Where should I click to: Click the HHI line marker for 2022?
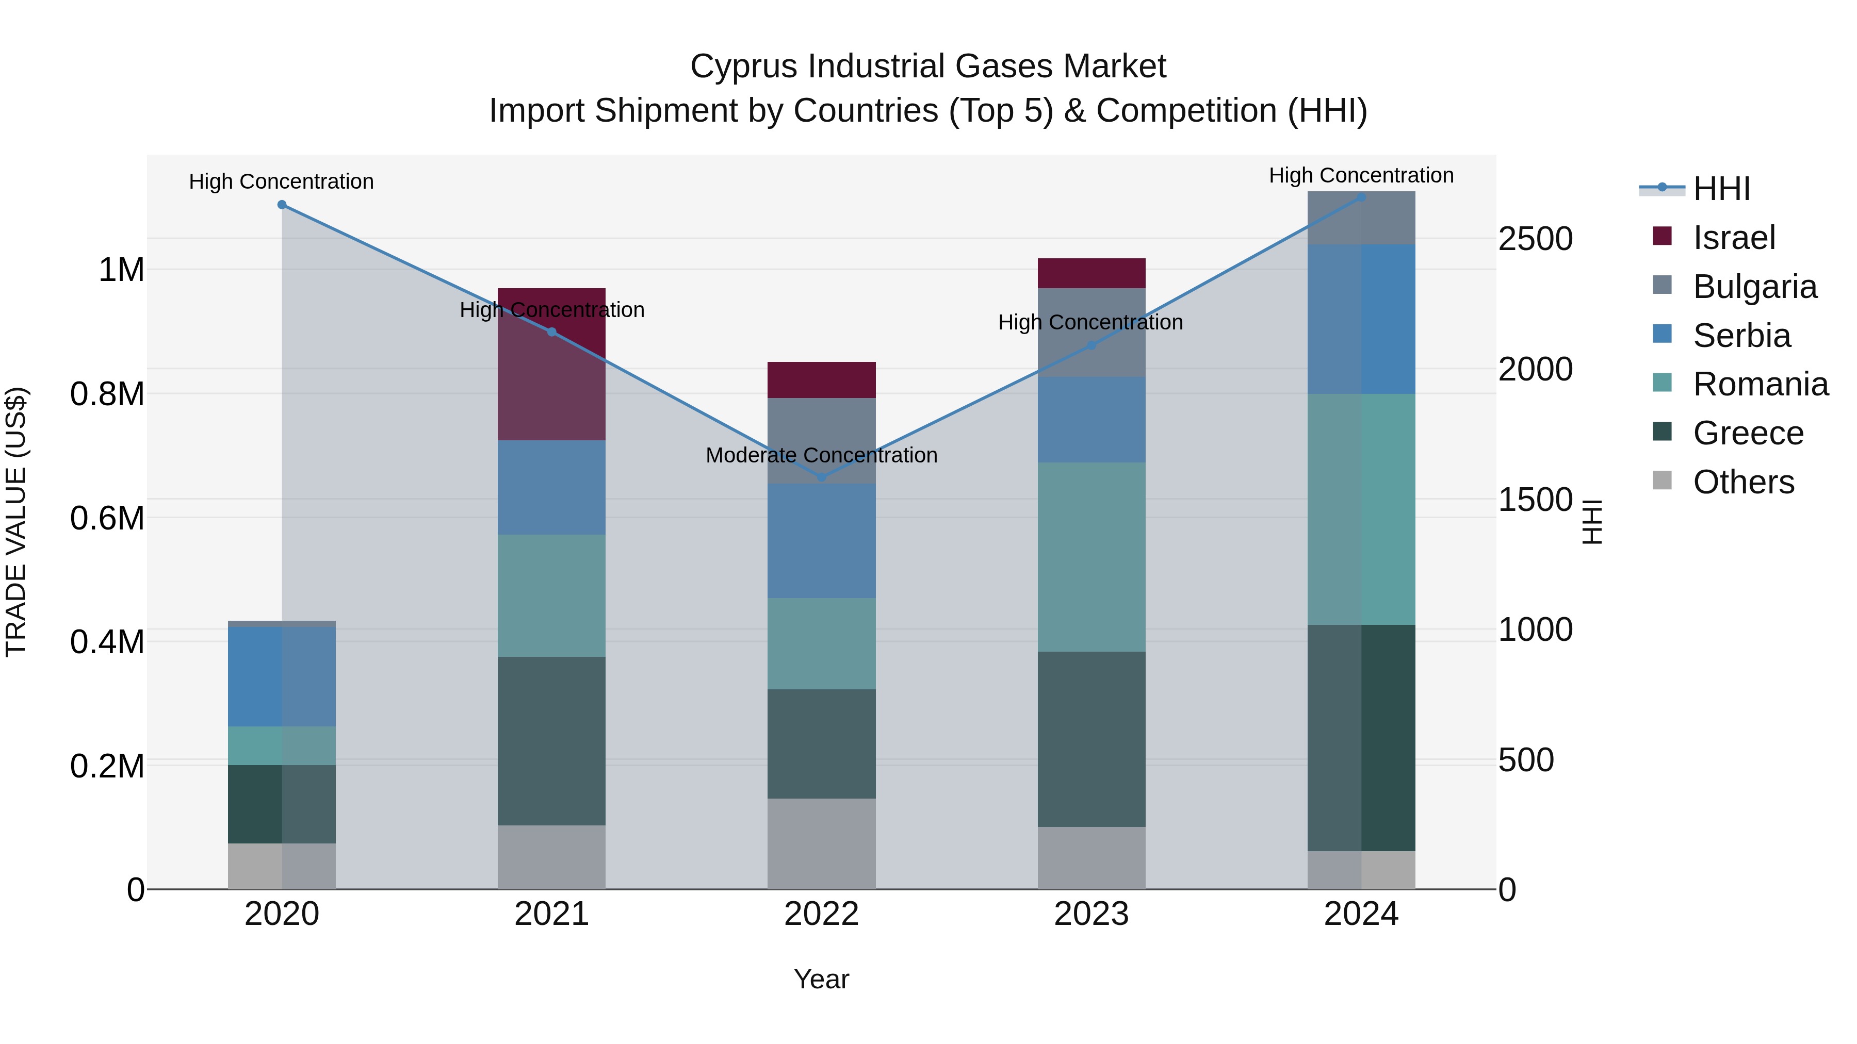pyautogui.click(x=821, y=477)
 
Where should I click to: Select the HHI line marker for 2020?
pyautogui.click(x=282, y=205)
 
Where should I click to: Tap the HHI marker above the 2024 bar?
pyautogui.click(x=1361, y=197)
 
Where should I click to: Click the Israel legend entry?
pyautogui.click(x=1733, y=238)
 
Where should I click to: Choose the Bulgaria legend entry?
pyautogui.click(x=1754, y=287)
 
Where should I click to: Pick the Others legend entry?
pyautogui.click(x=1742, y=482)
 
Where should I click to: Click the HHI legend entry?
pyautogui.click(x=1721, y=189)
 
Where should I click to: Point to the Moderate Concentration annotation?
pyautogui.click(x=821, y=455)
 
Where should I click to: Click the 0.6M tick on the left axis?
pyautogui.click(x=107, y=518)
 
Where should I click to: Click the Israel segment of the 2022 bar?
pyautogui.click(x=821, y=379)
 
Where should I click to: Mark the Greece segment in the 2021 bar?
pyautogui.click(x=551, y=741)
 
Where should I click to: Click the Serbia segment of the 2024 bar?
pyautogui.click(x=1361, y=319)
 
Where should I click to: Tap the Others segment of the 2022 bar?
pyautogui.click(x=821, y=843)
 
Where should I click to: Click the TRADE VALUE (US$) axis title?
pyautogui.click(x=16, y=522)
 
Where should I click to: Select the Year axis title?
pyautogui.click(x=821, y=979)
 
